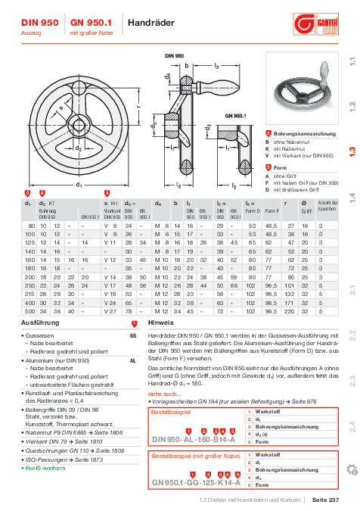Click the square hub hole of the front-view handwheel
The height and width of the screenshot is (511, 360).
tap(77, 126)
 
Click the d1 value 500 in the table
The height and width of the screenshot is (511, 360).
tap(32, 289)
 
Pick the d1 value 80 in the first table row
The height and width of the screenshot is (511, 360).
tap(33, 226)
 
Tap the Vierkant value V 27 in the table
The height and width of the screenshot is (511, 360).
tap(110, 289)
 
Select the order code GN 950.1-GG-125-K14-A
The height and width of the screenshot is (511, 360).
tap(196, 481)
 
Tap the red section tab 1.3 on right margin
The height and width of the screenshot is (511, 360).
tap(352, 150)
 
